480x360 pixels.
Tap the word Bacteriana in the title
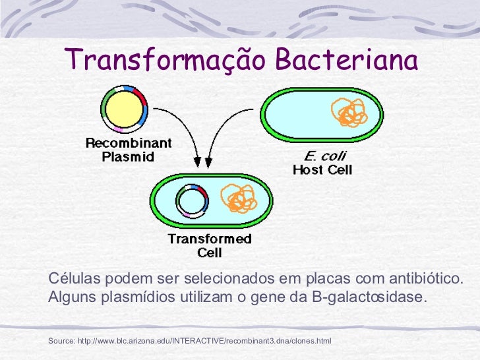tap(347, 61)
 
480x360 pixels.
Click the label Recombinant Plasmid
tap(129, 150)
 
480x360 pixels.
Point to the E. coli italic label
tap(324, 156)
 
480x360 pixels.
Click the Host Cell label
tap(322, 170)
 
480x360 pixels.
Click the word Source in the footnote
tap(61, 341)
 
